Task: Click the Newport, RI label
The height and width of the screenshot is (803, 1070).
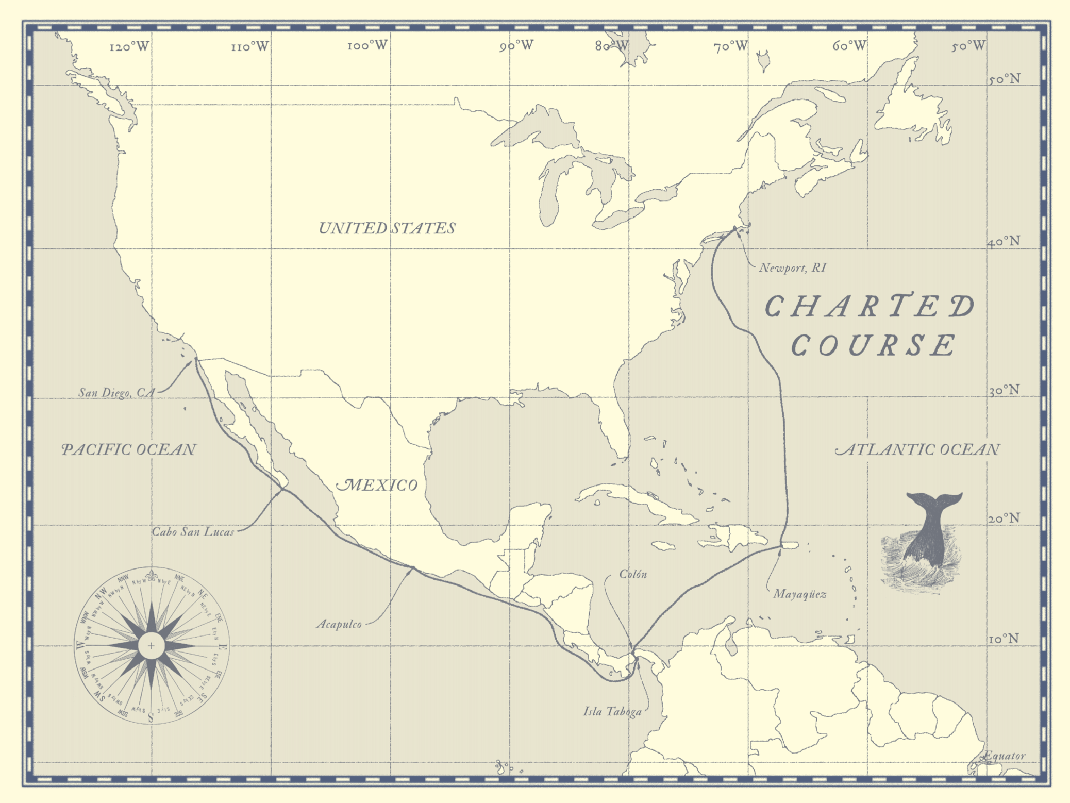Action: [792, 268]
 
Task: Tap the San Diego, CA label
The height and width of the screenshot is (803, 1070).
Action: [116, 393]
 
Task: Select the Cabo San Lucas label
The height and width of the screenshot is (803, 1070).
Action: [193, 532]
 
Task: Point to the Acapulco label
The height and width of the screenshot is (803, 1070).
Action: [339, 625]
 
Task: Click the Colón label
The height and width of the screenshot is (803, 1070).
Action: [633, 574]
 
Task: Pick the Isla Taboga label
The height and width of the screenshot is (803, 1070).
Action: [612, 712]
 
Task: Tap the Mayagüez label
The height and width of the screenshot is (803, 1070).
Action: [800, 594]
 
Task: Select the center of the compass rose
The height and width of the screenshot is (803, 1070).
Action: [151, 645]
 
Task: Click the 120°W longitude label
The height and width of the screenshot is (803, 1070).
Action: [129, 47]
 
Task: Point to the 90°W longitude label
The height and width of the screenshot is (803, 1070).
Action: [516, 46]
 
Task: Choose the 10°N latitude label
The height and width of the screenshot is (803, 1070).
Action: [1004, 639]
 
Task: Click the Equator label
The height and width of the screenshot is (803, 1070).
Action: [1005, 756]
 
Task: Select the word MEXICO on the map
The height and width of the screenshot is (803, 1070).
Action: [377, 485]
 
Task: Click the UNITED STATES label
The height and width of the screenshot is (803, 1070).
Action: [387, 228]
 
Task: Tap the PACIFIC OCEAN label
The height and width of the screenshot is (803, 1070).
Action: [129, 449]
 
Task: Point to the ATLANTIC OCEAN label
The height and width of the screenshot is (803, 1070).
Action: [917, 449]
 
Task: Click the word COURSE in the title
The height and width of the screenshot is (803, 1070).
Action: [874, 345]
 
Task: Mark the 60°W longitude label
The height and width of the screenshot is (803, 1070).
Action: [849, 46]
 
